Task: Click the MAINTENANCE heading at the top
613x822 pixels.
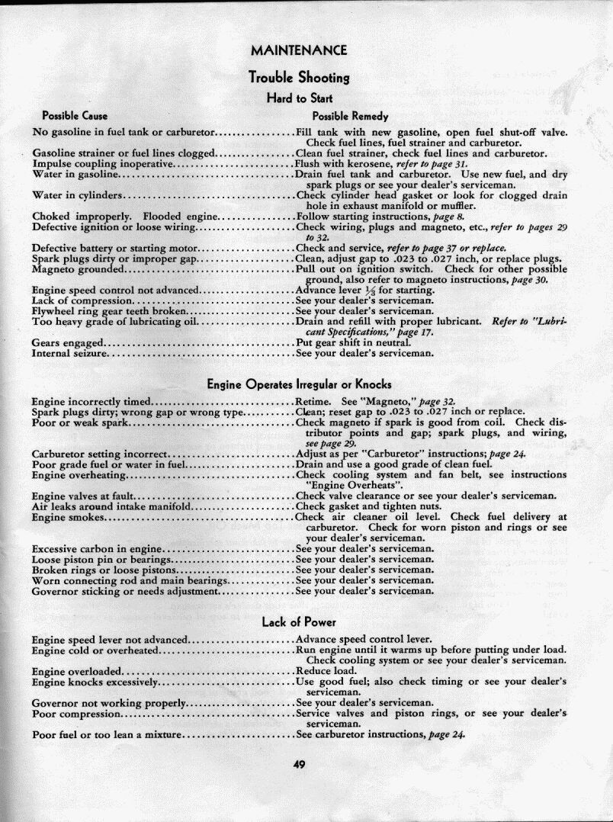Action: [299, 50]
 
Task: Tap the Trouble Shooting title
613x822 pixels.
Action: [299, 77]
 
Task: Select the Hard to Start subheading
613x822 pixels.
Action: [299, 98]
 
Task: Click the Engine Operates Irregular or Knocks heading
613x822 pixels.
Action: [300, 384]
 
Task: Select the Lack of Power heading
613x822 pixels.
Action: [299, 622]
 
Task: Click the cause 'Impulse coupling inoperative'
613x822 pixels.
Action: [103, 164]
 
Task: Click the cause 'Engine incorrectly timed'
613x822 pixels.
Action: [91, 401]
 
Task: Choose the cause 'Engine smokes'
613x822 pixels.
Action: [68, 517]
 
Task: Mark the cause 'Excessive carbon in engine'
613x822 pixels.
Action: [97, 548]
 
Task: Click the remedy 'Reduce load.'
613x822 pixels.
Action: [326, 671]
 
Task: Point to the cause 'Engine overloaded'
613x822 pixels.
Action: [77, 671]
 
